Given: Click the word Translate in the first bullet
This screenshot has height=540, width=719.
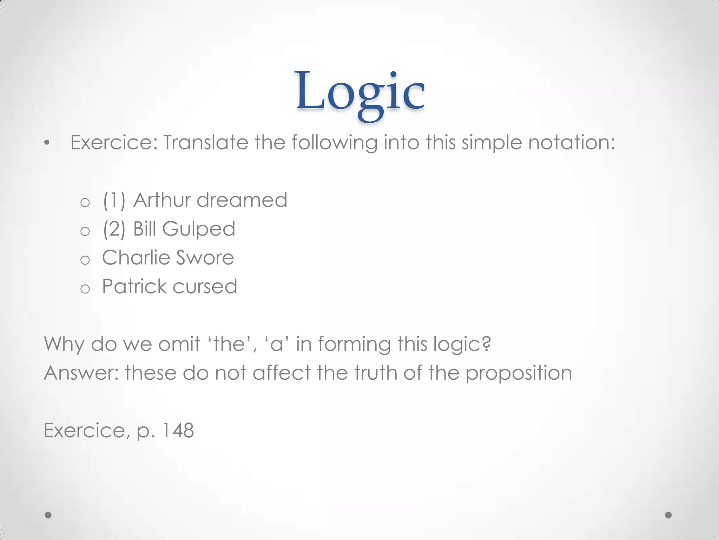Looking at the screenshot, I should pyautogui.click(x=206, y=143).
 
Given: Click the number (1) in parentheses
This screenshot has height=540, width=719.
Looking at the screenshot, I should pyautogui.click(x=114, y=200).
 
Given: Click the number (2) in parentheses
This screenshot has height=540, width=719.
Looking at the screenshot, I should pyautogui.click(x=114, y=229).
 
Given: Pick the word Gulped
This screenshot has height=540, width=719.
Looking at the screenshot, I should pyautogui.click(x=199, y=229).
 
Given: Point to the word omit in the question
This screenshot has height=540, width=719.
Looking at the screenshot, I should pyautogui.click(x=179, y=344).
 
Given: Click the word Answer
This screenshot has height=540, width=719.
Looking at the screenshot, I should pyautogui.click(x=81, y=373).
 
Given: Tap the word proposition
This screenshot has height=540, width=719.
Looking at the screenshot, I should pyautogui.click(x=519, y=373).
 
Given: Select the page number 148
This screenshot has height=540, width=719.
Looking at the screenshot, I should pyautogui.click(x=178, y=430).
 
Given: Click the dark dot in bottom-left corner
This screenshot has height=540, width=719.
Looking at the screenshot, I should pyautogui.click(x=48, y=515).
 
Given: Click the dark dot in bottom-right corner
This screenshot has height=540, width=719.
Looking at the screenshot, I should pyautogui.click(x=668, y=515).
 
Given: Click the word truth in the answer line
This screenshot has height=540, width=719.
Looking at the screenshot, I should pyautogui.click(x=375, y=373).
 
